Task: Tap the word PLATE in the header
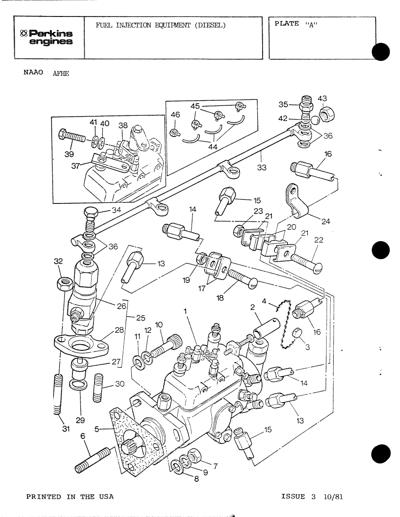pos(286,24)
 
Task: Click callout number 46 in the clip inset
pos(175,114)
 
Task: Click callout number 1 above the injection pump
pos(185,311)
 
